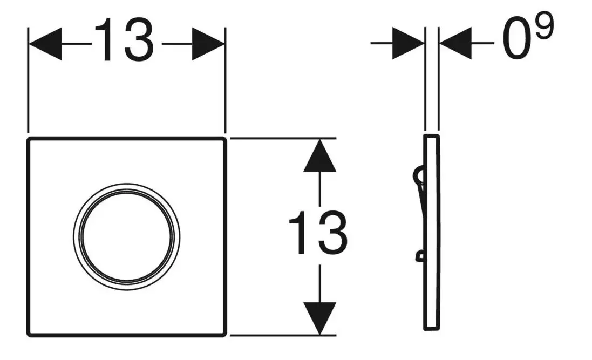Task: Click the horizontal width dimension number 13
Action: (124, 39)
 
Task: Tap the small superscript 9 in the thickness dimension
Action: (544, 25)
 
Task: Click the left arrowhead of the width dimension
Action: (45, 44)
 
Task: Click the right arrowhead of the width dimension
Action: (208, 44)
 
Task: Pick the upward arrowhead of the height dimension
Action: (320, 155)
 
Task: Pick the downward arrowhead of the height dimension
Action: (320, 318)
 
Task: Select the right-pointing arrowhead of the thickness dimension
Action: (409, 43)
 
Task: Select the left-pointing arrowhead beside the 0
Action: (455, 43)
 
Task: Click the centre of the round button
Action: (126, 237)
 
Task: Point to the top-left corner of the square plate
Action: (28, 139)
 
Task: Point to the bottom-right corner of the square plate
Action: (226, 335)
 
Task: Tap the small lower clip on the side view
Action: (419, 256)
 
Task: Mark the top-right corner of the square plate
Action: (226, 139)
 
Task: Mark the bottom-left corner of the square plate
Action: (28, 335)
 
